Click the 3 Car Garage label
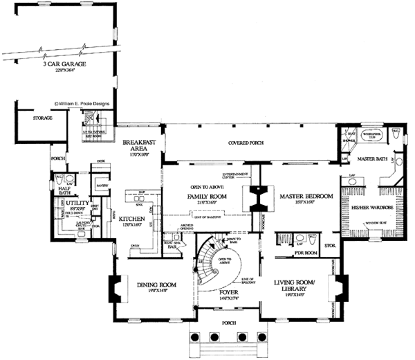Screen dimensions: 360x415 66,64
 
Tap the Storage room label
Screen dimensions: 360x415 42,118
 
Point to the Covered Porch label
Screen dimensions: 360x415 249,143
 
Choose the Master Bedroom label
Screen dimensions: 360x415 306,197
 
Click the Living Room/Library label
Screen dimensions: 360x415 301,285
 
